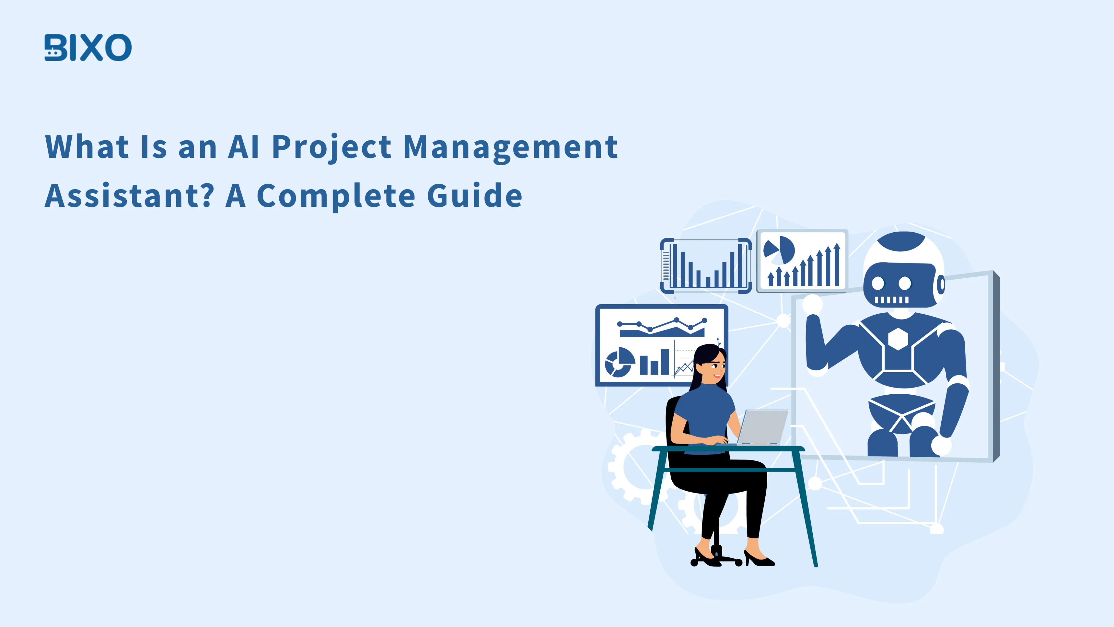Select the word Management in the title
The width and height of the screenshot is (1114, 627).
click(510, 147)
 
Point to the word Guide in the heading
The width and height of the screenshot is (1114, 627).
click(475, 196)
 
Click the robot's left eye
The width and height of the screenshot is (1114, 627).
click(878, 284)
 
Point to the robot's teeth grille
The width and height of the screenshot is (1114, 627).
click(891, 300)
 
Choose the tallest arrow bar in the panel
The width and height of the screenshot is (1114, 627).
click(837, 265)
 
